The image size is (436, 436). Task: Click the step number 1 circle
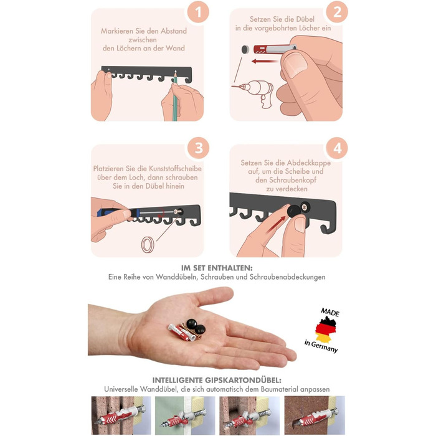point(198,12)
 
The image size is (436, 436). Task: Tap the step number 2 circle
point(337,12)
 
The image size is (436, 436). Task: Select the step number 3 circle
point(198,148)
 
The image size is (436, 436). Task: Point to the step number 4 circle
point(337,148)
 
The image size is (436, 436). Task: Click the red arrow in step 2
point(264,61)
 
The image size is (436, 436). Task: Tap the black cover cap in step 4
point(293,211)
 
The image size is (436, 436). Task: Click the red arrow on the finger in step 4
point(275,224)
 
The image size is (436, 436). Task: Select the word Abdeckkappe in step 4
point(309,163)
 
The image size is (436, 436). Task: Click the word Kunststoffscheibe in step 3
point(175,169)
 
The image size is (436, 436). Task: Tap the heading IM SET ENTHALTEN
point(217,268)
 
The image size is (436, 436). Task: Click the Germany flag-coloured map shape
point(326,329)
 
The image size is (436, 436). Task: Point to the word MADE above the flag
point(330,312)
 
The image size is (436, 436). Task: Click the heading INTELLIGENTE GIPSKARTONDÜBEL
point(217,380)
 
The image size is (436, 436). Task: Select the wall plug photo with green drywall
point(185,415)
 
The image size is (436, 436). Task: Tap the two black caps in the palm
point(196,326)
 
